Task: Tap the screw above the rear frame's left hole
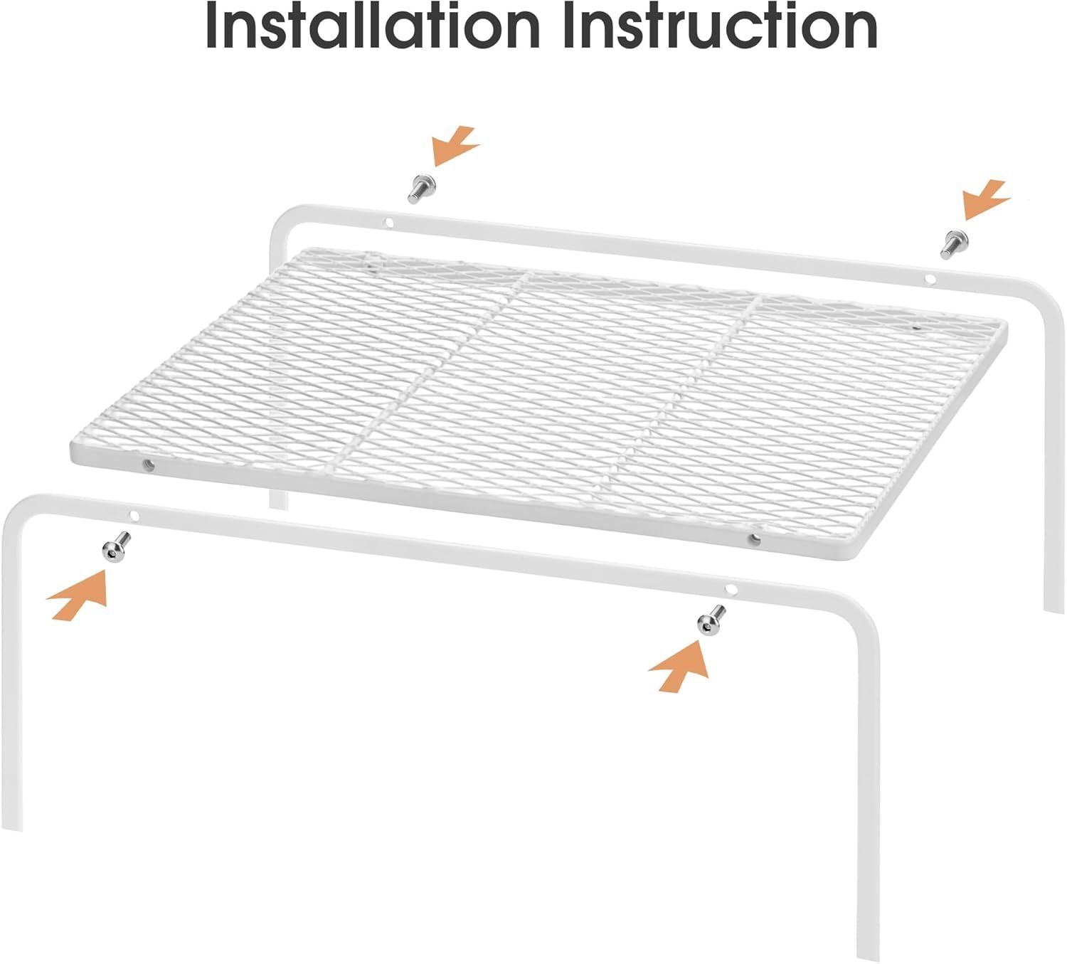tap(422, 189)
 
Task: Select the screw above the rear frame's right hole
tap(954, 244)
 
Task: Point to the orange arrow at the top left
tap(454, 146)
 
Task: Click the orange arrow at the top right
tap(985, 199)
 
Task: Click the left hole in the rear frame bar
tap(389, 223)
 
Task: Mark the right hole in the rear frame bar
tap(930, 279)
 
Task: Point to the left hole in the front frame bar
tap(134, 516)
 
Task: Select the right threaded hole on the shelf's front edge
tap(754, 540)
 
